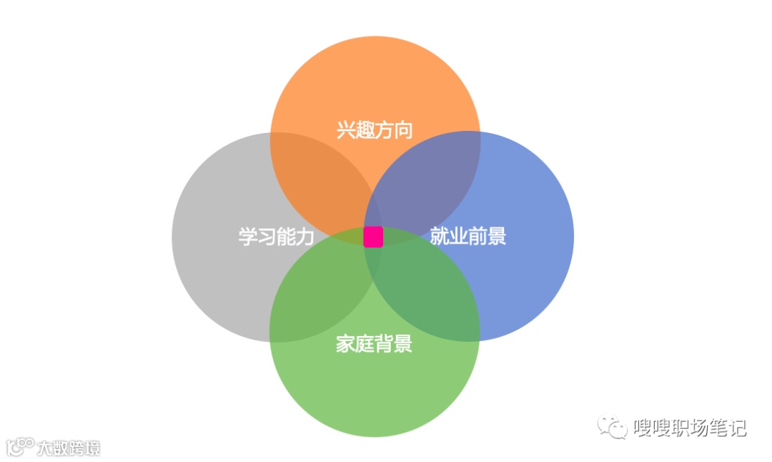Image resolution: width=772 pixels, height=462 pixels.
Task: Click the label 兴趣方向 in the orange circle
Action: (x=375, y=129)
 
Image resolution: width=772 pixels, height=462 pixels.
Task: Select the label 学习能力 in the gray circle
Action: (x=276, y=237)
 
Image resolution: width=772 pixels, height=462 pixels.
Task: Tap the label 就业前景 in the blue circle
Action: (x=468, y=236)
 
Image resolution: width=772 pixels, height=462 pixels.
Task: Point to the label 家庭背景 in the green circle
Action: (x=374, y=344)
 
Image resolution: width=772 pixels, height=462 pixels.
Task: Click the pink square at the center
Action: (x=373, y=237)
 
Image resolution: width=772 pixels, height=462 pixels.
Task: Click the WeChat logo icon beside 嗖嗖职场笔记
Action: (x=613, y=427)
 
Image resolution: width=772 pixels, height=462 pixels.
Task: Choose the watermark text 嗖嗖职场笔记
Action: (x=690, y=428)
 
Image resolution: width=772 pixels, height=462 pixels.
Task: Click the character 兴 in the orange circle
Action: (x=346, y=129)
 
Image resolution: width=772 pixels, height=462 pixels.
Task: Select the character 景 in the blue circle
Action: (x=497, y=236)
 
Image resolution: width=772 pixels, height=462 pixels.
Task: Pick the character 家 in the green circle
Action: (x=345, y=344)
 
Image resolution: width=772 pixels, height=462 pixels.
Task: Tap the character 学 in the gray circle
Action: (x=247, y=237)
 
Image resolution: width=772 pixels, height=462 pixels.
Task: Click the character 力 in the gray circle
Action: (x=305, y=237)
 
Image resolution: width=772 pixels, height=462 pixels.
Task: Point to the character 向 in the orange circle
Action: (x=403, y=129)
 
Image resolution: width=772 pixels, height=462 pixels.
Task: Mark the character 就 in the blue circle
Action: (x=440, y=236)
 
